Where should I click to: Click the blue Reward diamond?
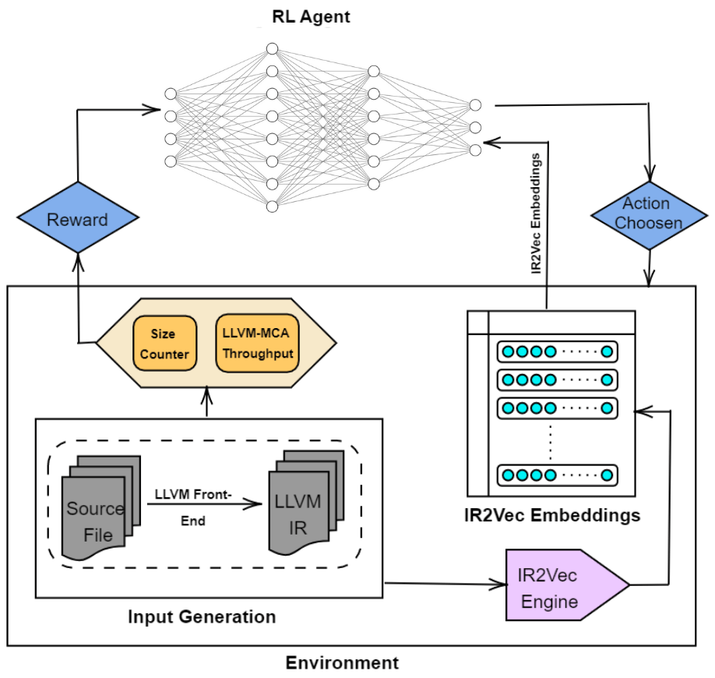click(78, 219)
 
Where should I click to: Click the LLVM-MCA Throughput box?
click(257, 343)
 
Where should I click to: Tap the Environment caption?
click(342, 663)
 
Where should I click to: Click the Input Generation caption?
click(202, 617)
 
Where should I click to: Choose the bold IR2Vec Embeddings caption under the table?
click(551, 515)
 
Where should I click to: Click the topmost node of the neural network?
click(272, 49)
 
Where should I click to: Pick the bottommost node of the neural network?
click(272, 207)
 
